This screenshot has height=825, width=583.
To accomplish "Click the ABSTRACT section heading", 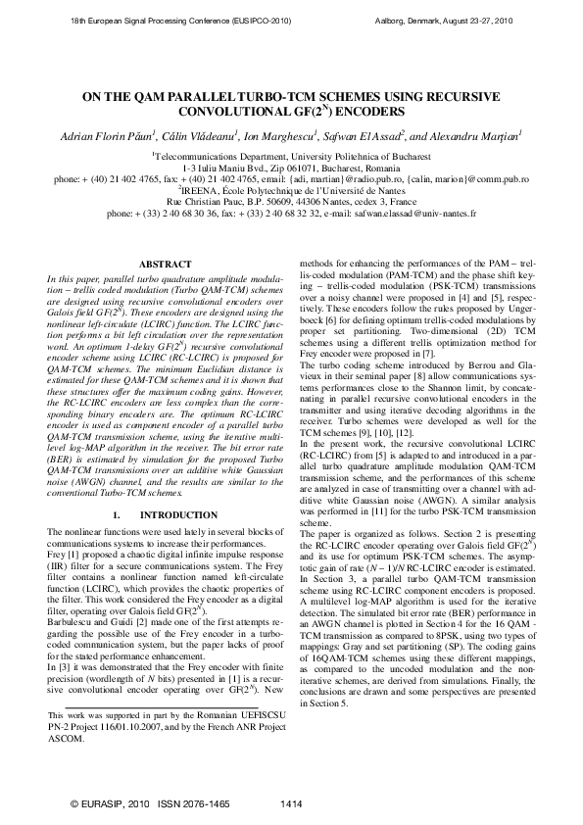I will (159, 265).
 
